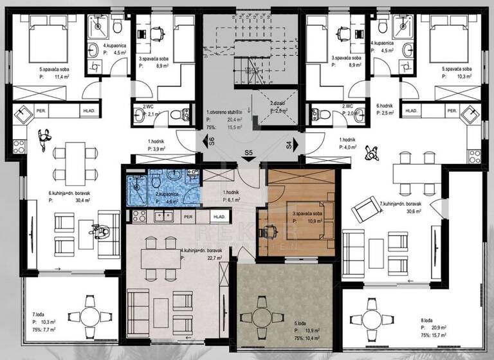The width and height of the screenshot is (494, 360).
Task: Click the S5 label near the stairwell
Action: click(x=247, y=154)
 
